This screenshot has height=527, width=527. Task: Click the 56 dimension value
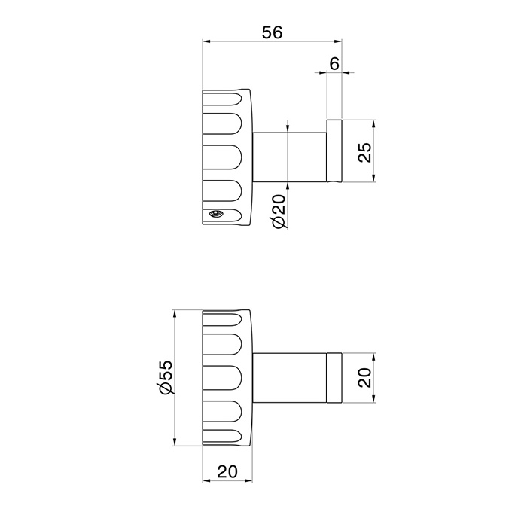tap(273, 32)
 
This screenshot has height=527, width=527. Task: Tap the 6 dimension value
tap(334, 63)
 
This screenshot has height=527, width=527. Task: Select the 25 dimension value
tap(364, 152)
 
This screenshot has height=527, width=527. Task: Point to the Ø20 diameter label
tap(279, 211)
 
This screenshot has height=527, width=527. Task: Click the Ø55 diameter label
tap(166, 376)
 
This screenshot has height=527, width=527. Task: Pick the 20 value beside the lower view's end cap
tap(364, 378)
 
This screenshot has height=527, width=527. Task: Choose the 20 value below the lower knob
tap(227, 471)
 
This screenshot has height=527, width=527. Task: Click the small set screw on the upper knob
tap(216, 213)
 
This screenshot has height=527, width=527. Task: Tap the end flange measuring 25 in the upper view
tap(334, 151)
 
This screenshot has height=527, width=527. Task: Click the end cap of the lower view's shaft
tap(334, 378)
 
